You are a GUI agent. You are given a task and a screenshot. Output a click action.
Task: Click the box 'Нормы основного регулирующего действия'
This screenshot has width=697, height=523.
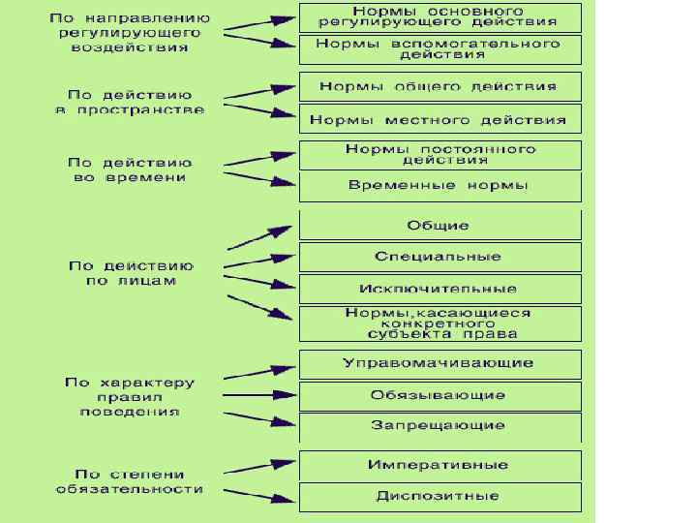click(x=439, y=16)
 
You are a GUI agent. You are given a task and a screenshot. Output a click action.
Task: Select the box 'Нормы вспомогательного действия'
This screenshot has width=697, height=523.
click(x=439, y=49)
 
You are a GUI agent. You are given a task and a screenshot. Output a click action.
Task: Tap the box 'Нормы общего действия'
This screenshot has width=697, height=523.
click(x=439, y=86)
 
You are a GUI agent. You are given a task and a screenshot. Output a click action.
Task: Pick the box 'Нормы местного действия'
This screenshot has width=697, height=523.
click(x=439, y=120)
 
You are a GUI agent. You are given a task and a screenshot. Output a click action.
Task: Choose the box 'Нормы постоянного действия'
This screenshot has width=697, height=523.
click(x=439, y=155)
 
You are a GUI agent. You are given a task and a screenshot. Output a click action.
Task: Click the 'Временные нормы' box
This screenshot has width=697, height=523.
click(x=439, y=186)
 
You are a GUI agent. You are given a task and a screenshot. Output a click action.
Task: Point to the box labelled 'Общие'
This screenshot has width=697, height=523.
click(x=439, y=226)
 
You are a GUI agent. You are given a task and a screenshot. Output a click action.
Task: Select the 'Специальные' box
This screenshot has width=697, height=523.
click(x=439, y=257)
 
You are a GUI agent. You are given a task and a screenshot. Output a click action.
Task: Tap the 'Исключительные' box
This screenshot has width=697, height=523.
click(x=439, y=289)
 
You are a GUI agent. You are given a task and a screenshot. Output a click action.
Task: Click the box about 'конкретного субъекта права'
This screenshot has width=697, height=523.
click(x=439, y=323)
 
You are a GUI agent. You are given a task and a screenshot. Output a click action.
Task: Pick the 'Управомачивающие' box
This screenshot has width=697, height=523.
click(x=439, y=363)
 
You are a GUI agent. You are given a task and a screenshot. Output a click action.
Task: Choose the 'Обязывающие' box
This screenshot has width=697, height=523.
click(x=439, y=395)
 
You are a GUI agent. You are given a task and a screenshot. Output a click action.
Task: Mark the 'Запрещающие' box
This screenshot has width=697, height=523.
click(x=439, y=426)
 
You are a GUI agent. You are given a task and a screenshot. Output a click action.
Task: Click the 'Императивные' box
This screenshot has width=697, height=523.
click(x=439, y=465)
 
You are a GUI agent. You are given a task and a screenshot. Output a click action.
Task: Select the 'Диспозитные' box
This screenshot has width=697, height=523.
click(x=439, y=497)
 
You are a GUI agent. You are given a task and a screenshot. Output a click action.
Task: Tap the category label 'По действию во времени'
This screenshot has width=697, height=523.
click(x=132, y=170)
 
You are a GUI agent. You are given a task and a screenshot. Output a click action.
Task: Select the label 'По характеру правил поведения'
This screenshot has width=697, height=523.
click(x=130, y=396)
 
